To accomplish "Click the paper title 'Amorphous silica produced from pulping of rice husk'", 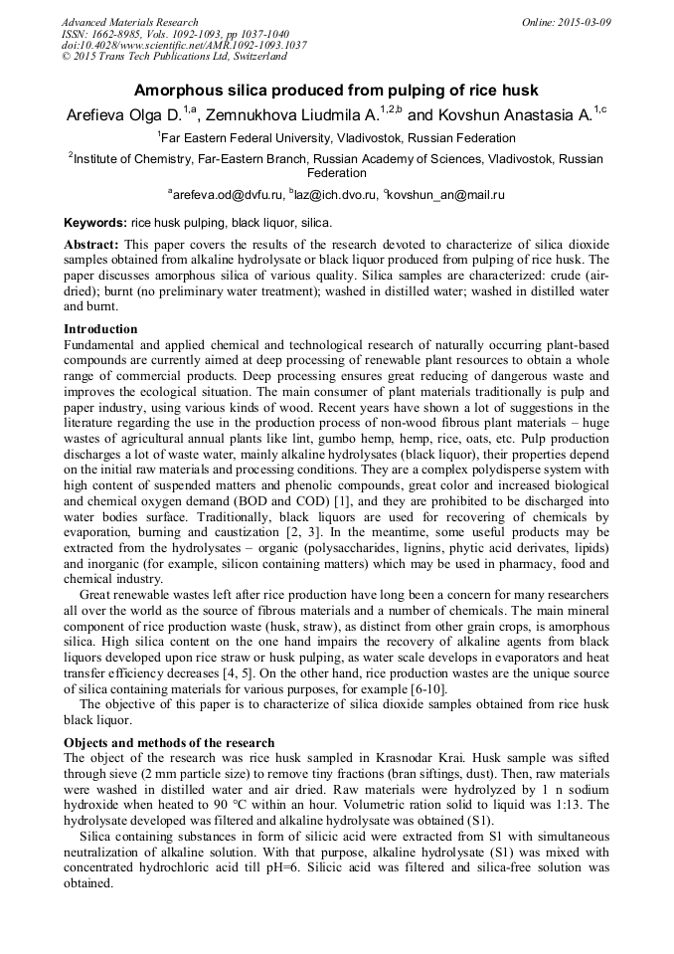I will pos(336,90).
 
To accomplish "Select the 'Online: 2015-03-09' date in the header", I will pos(567,22).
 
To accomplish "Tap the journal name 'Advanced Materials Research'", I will pos(130,22).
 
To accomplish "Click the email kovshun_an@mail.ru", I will pos(448,196).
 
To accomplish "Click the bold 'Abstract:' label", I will pos(91,244).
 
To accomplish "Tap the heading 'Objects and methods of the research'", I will pos(169,742).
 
